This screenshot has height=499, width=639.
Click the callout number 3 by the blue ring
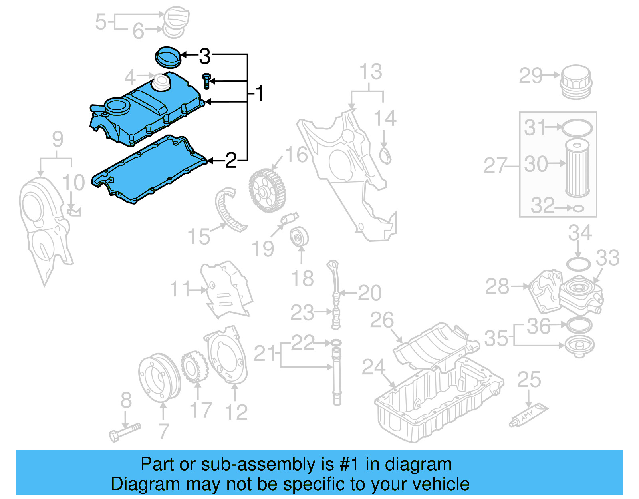(204, 56)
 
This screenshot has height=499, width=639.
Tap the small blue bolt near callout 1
(206, 81)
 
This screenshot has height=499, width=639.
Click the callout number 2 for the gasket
(231, 160)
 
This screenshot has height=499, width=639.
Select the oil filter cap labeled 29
(575, 82)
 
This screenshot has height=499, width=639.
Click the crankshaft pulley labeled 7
(159, 378)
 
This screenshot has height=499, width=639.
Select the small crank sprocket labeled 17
(194, 366)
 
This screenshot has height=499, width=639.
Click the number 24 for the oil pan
(373, 367)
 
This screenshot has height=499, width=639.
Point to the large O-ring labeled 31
(577, 128)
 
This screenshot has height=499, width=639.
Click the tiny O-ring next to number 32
(578, 208)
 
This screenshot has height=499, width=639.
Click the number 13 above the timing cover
(371, 72)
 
